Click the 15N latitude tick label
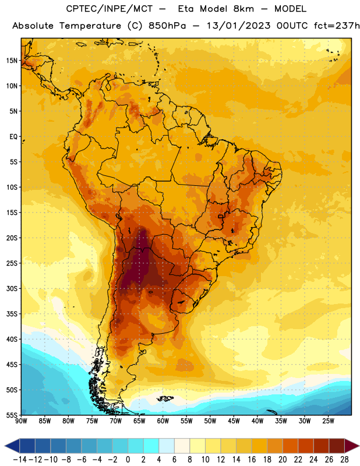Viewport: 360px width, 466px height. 12,61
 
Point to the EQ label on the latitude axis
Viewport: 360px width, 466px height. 13,137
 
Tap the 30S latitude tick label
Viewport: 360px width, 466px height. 12,288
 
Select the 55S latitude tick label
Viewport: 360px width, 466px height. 12,415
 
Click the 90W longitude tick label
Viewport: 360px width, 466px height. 21,421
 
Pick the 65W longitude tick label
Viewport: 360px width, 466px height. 139,421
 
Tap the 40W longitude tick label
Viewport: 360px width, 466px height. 257,421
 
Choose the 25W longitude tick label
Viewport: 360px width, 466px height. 328,421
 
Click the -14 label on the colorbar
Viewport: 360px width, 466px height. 20,460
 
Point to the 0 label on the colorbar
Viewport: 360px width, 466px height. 128,460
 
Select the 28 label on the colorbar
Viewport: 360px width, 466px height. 344,460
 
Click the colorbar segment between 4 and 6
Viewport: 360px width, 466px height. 167,446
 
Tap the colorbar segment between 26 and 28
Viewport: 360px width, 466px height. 337,446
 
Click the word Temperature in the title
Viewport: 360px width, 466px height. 90,26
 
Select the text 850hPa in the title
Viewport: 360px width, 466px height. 167,26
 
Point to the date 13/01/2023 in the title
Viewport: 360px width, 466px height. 238,26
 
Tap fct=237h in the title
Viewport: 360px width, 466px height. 337,26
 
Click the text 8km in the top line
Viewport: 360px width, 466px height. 243,9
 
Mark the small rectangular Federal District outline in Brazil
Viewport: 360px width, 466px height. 220,216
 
